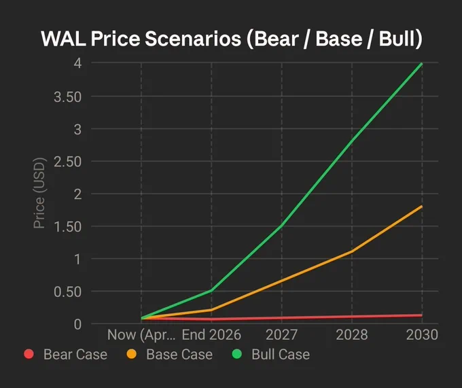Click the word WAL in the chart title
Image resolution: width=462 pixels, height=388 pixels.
[x=63, y=39]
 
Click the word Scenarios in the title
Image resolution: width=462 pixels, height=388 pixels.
[x=193, y=39]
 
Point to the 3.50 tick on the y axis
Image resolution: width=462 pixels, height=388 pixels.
[x=67, y=97]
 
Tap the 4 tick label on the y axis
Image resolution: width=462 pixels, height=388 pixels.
[x=77, y=63]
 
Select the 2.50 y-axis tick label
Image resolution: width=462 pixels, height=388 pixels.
[x=67, y=162]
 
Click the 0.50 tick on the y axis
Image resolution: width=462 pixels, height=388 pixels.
[x=67, y=292]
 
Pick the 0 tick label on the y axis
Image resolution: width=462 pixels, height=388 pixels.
[x=77, y=324]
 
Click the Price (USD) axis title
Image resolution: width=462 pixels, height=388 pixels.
[x=39, y=193]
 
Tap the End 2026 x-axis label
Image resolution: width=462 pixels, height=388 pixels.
[x=211, y=335]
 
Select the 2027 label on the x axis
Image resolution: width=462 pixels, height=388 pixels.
[x=281, y=335]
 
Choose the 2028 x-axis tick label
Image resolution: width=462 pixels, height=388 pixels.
[x=352, y=335]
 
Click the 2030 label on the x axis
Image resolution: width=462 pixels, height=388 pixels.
[x=422, y=335]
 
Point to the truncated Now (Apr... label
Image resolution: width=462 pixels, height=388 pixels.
[x=141, y=335]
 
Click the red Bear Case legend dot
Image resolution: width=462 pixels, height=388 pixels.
[x=29, y=354]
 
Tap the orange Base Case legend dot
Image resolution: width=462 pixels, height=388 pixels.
[x=131, y=354]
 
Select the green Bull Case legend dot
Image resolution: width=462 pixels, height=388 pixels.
[x=237, y=354]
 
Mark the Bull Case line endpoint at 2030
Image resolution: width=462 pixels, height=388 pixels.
[x=422, y=64]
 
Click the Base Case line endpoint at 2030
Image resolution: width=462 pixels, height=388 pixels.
[x=422, y=207]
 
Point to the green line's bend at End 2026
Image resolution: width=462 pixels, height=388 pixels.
[x=211, y=291]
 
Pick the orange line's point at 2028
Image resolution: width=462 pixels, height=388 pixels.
[x=352, y=251]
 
